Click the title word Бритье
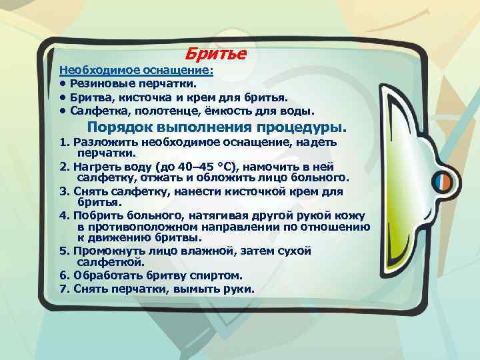pyautogui.click(x=215, y=53)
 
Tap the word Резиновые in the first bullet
pyautogui.click(x=101, y=84)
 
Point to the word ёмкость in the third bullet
pyautogui.click(x=226, y=111)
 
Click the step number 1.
pyautogui.click(x=63, y=143)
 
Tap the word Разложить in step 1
pyautogui.click(x=103, y=143)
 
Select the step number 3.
pyautogui.click(x=63, y=192)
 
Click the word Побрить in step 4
pyautogui.click(x=99, y=216)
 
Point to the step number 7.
pyautogui.click(x=63, y=289)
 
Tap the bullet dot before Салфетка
pyautogui.click(x=62, y=111)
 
